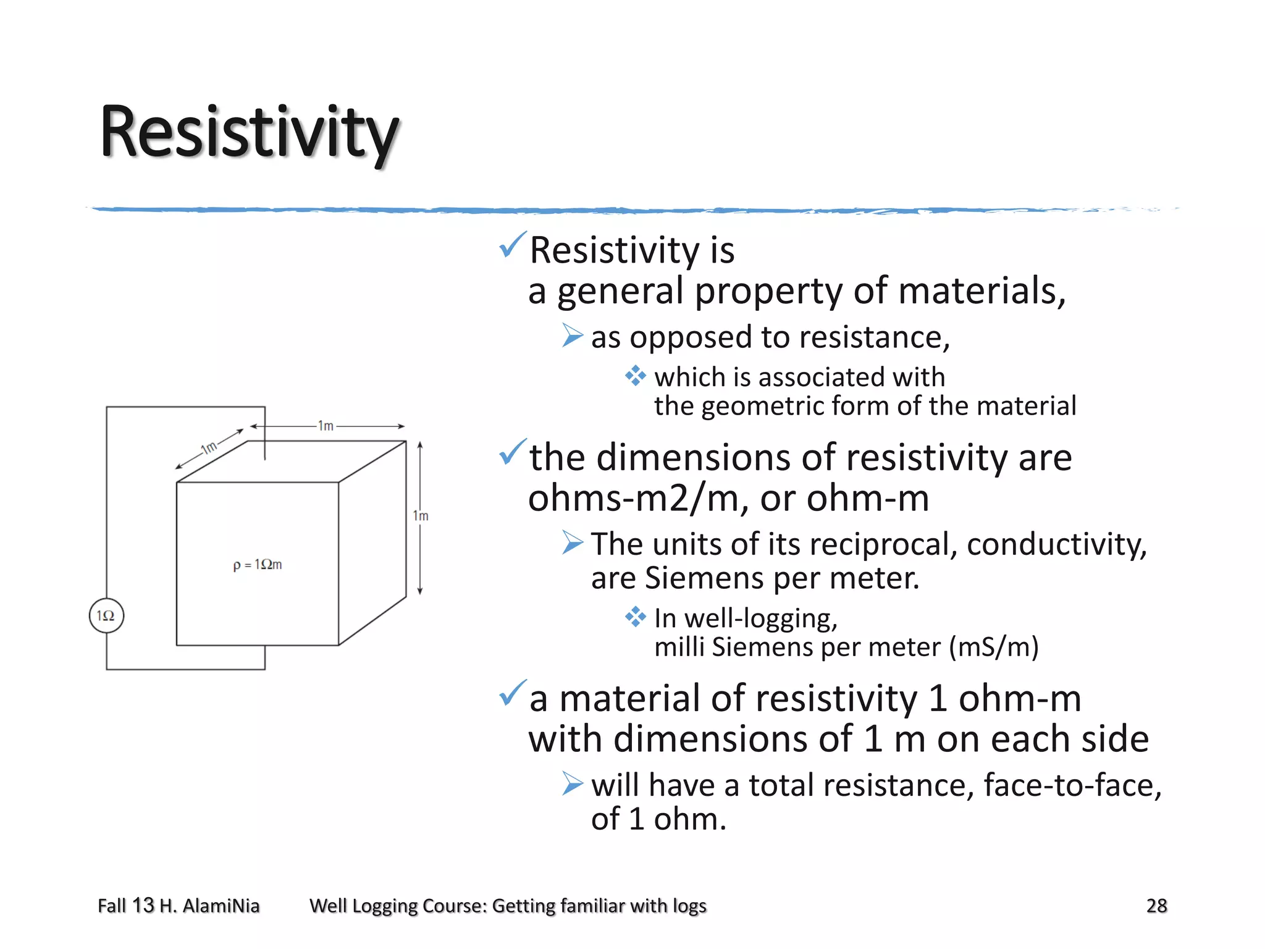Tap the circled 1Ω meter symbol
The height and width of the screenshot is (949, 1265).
tap(106, 615)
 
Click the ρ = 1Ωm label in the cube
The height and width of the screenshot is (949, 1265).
tap(258, 565)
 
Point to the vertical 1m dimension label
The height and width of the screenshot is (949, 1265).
tap(421, 516)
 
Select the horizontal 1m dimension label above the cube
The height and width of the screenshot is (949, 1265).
tap(326, 426)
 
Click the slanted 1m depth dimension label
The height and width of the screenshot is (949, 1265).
tap(209, 447)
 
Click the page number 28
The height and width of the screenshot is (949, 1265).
tap(1156, 906)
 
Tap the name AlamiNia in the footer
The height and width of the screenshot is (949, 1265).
tap(221, 906)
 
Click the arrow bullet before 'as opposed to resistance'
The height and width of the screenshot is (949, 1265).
tap(573, 336)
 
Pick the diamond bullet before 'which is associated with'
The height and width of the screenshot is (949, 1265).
tap(635, 376)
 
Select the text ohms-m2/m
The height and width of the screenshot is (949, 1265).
tap(631, 498)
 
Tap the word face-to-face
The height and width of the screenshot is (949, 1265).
tap(1072, 785)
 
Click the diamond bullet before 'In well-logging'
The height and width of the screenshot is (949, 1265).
tap(635, 617)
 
